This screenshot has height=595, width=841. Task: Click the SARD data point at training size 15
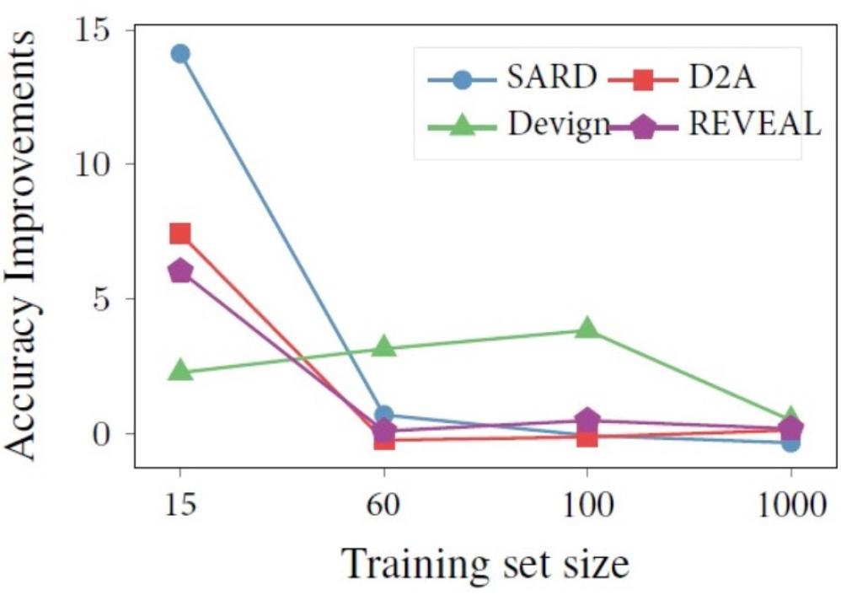[179, 53]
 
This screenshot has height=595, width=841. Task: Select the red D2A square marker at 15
[179, 233]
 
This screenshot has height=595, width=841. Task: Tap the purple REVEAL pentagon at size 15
[179, 271]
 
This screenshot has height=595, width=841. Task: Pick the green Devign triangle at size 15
[180, 370]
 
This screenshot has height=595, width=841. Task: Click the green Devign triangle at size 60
[384, 346]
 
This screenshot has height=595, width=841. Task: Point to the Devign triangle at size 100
[587, 328]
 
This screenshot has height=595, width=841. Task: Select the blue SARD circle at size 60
[384, 415]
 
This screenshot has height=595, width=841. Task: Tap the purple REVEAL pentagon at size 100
[587, 420]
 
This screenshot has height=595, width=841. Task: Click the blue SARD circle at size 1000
[790, 442]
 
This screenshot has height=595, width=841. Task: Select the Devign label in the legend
[558, 126]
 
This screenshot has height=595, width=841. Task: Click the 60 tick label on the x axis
[383, 506]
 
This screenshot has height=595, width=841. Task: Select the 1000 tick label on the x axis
[790, 506]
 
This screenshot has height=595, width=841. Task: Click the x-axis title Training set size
[485, 564]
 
